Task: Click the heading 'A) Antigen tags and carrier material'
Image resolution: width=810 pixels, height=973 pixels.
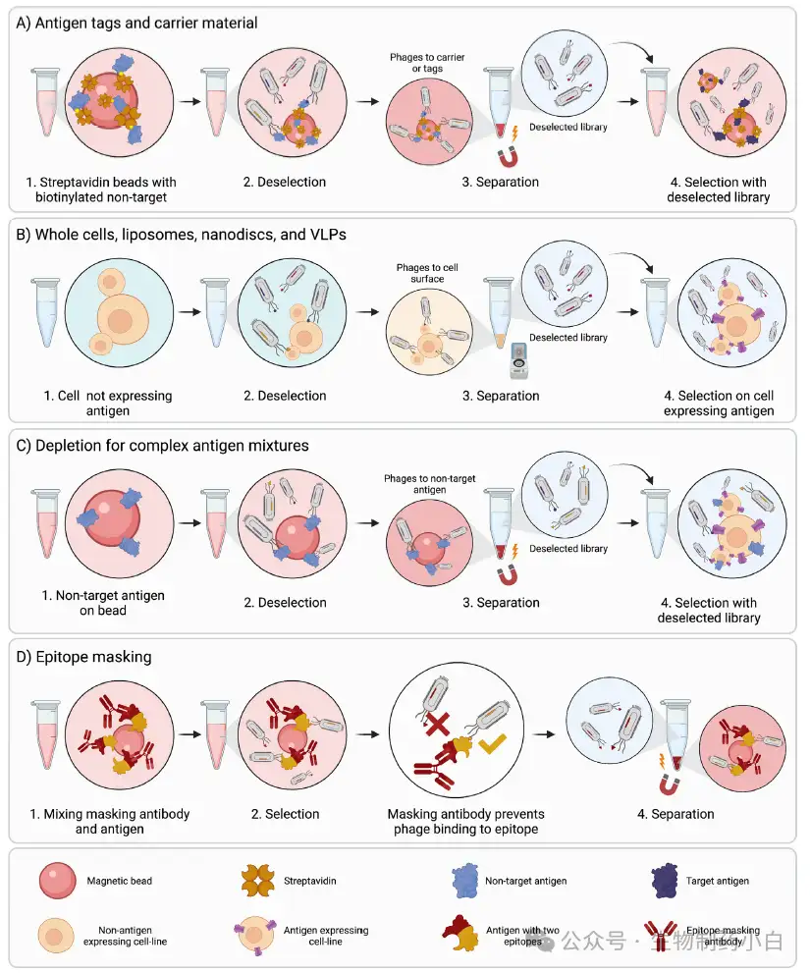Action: coord(136,23)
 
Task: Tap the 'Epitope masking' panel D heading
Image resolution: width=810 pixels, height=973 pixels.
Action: coord(83,657)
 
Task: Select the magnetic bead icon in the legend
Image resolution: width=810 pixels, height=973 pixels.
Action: coord(58,880)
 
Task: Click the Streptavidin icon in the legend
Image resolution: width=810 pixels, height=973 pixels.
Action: coord(257,880)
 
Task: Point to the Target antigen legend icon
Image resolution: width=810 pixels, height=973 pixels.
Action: coord(665,880)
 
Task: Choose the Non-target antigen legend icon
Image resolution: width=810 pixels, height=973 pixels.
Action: coord(465,880)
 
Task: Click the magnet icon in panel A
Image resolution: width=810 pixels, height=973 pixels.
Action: coord(509,157)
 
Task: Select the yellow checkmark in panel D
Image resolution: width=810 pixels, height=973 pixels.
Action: coord(492,743)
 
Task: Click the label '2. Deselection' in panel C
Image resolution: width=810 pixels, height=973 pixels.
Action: coord(285,603)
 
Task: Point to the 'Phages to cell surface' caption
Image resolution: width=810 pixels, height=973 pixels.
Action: coord(427,273)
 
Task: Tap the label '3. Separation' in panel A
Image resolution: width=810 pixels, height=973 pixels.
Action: coord(501,182)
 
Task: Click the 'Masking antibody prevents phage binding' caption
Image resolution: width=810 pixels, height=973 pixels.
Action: coord(465,821)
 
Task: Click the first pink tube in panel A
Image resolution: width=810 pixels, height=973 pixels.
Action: coord(46,101)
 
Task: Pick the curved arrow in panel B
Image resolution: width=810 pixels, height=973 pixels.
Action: coord(632,260)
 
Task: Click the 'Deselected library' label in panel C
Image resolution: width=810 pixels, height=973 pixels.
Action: coord(567,549)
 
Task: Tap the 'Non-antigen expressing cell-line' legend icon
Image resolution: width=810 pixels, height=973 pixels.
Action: coord(56,936)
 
